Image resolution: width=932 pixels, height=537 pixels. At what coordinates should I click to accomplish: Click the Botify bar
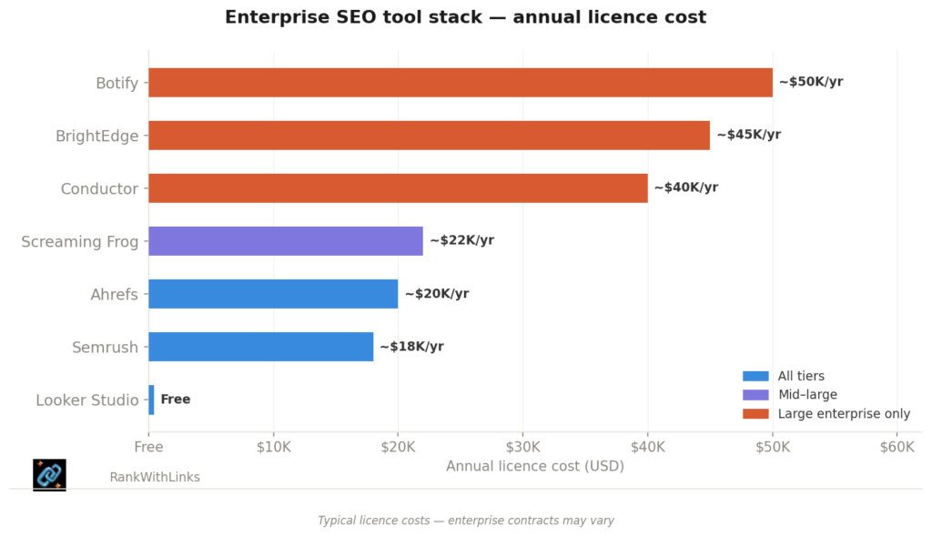tap(460, 83)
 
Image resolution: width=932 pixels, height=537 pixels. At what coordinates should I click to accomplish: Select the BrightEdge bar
tap(429, 136)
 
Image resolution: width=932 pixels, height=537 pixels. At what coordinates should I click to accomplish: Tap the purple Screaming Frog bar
tap(286, 241)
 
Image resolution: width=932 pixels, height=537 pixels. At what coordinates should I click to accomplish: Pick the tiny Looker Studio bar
tap(151, 400)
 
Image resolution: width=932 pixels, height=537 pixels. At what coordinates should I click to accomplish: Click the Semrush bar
tap(260, 347)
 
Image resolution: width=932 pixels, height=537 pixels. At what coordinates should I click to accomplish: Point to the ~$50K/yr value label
tap(810, 82)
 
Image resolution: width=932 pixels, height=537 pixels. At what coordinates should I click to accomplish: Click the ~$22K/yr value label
tap(461, 240)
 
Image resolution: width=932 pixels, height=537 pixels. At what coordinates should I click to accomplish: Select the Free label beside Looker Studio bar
tap(176, 400)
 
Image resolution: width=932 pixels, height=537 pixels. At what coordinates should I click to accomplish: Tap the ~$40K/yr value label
tap(685, 187)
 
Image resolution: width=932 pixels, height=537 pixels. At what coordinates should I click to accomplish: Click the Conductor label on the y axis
tap(99, 189)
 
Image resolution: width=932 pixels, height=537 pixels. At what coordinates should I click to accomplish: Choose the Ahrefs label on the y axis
tap(114, 295)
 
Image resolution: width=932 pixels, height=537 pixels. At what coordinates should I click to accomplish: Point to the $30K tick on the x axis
tap(522, 447)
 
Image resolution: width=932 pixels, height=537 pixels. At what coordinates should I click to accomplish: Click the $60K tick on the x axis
tap(897, 447)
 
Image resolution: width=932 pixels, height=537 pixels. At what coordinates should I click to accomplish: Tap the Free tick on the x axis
tap(148, 447)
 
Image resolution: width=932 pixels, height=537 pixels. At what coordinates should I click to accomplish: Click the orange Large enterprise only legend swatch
tap(755, 414)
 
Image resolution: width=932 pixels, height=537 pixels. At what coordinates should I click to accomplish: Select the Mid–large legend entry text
tap(807, 395)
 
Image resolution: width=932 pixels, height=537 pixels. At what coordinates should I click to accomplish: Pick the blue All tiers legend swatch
tap(755, 376)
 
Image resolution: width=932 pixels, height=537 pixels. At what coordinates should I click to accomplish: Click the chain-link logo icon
tap(49, 474)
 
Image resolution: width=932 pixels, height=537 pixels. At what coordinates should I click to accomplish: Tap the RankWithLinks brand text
tap(155, 477)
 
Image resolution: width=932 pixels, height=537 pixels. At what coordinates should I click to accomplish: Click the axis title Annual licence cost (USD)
tap(522, 466)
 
